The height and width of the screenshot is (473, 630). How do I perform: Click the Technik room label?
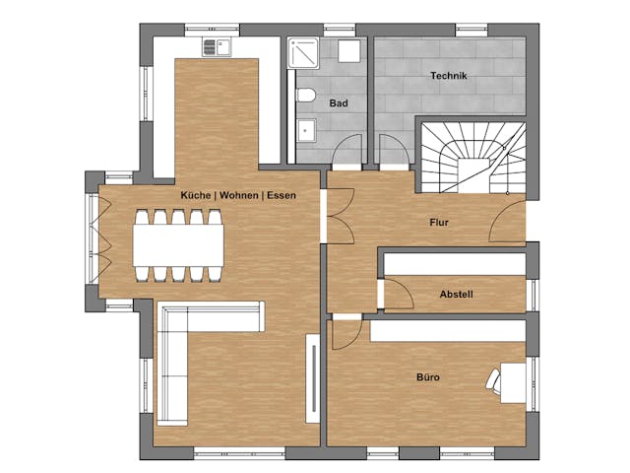tap(449, 76)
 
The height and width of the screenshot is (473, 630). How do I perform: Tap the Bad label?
tap(339, 103)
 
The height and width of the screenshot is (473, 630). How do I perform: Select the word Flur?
tap(439, 223)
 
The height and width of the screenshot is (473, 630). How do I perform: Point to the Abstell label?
tap(456, 294)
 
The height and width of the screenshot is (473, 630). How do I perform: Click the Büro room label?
tap(428, 377)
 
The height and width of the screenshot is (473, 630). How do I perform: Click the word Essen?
tap(282, 195)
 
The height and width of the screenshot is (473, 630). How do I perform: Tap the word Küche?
tap(196, 195)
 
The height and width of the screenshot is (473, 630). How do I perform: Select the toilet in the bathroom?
tap(306, 95)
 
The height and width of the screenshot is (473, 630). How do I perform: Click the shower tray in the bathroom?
tap(303, 53)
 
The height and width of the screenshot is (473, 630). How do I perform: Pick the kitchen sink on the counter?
tap(217, 47)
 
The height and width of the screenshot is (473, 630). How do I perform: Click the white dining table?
tap(178, 245)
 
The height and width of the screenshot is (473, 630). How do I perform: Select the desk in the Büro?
tap(513, 383)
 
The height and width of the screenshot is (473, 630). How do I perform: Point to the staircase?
tap(473, 158)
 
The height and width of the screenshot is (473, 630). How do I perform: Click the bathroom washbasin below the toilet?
tap(306, 130)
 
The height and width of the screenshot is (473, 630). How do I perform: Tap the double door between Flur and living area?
tap(341, 216)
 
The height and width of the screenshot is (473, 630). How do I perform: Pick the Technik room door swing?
tap(395, 150)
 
